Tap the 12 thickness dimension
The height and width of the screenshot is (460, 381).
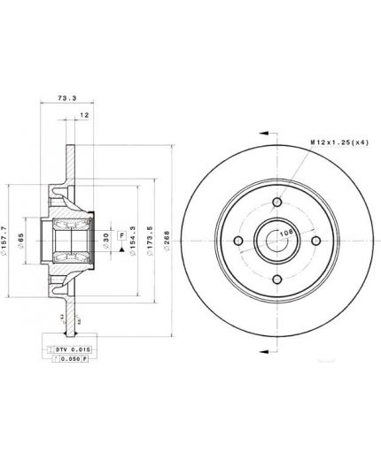pyautogui.click(x=84, y=115)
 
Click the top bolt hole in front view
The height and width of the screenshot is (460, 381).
pyautogui.click(x=276, y=203)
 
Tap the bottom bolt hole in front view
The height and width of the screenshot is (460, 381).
pyautogui.click(x=276, y=279)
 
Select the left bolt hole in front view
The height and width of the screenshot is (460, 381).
pyautogui.click(x=238, y=241)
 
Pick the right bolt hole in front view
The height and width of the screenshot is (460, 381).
pyautogui.click(x=315, y=241)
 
